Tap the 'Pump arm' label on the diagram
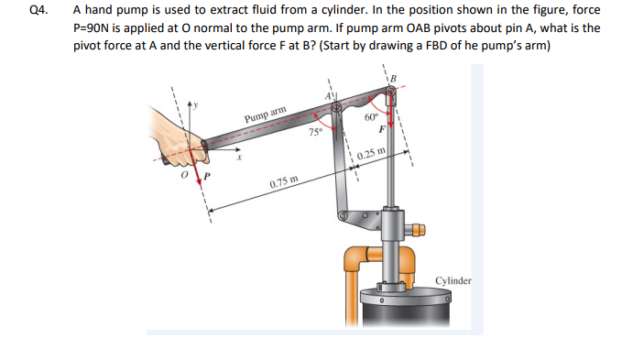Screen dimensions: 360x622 pos(266,115)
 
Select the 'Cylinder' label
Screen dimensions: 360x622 pos(453,279)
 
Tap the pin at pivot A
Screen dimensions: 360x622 pos(339,108)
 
